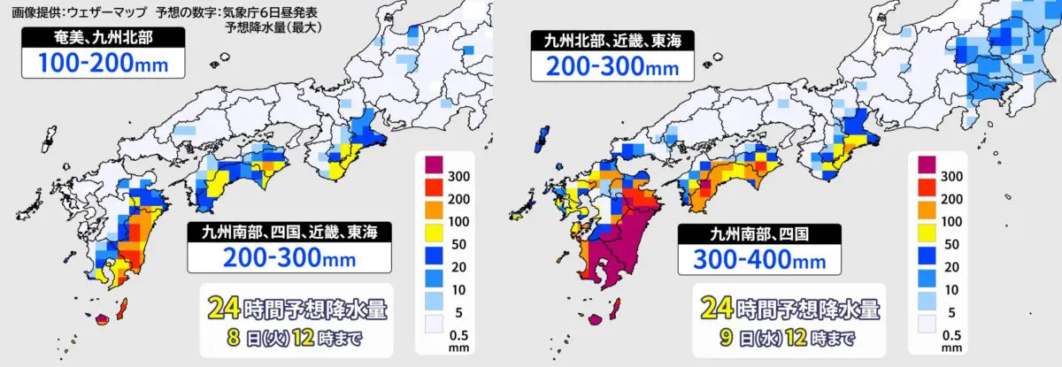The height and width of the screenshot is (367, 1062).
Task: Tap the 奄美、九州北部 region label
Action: pos(104,37)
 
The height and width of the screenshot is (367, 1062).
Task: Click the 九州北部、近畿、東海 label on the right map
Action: pos(612,39)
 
